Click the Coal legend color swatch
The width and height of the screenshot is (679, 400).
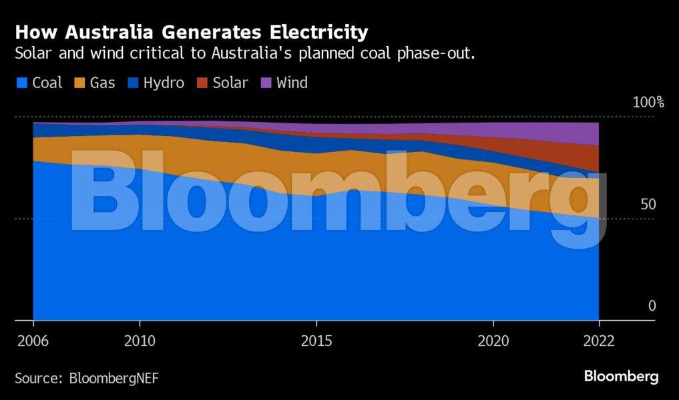click(x=21, y=83)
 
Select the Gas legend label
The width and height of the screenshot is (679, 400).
click(x=102, y=83)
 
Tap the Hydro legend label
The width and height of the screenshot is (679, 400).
click(x=164, y=83)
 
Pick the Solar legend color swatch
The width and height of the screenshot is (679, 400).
click(x=202, y=83)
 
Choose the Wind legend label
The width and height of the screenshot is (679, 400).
click(x=292, y=83)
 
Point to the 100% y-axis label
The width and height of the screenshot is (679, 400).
click(x=648, y=102)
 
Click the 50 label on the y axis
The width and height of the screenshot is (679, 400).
click(x=648, y=204)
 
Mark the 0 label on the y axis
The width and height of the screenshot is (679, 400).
click(x=652, y=306)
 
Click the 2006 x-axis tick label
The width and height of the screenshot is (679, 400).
click(x=33, y=341)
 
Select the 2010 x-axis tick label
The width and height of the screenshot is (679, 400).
click(x=140, y=341)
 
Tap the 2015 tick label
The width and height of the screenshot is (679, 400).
click(x=316, y=341)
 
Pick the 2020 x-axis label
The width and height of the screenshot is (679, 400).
click(x=493, y=341)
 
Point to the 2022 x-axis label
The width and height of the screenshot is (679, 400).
click(x=598, y=341)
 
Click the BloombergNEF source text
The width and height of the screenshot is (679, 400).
click(x=114, y=379)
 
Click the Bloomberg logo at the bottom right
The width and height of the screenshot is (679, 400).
click(x=621, y=377)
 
